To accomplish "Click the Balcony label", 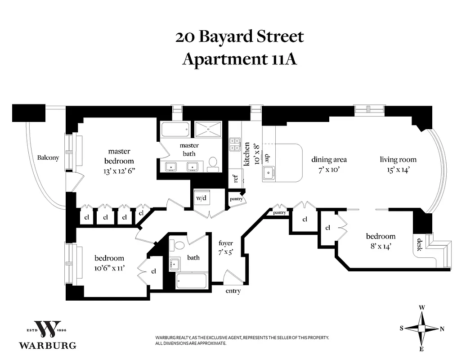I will coord(48,158).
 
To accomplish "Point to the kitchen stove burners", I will coord(235,144).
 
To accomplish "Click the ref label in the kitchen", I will coord(235,178).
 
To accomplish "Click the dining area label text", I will coord(329,160).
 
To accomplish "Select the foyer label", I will coord(225,243).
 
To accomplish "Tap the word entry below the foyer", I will coord(233,291).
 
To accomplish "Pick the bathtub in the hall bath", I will coord(191,281).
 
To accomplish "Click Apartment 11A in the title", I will coord(240,59).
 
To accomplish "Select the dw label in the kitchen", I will coord(265,157).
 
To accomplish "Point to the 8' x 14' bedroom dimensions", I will coord(381,246).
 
